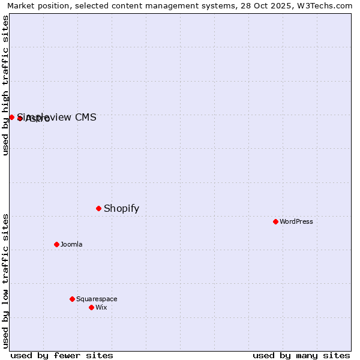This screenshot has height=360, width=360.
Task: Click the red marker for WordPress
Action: point(275,221)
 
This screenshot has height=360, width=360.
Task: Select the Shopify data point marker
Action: point(99,208)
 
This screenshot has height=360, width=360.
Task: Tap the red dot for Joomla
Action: point(57,244)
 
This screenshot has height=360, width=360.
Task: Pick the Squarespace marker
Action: point(72,299)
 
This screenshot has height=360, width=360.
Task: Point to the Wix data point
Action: point(91,307)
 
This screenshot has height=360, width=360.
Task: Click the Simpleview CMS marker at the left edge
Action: point(11,117)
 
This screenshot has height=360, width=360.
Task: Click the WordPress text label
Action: point(296,221)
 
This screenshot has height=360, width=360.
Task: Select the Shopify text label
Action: point(121,209)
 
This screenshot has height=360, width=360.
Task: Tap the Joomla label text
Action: point(71,244)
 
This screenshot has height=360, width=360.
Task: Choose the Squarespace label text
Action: point(97,299)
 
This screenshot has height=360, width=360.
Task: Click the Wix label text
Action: point(101,307)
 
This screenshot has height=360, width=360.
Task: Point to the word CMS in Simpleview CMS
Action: point(85,117)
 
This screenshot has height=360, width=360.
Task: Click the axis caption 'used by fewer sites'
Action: point(62,355)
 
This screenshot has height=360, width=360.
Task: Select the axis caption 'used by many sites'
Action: point(301,355)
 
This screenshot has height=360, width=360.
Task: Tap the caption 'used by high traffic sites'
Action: point(5,85)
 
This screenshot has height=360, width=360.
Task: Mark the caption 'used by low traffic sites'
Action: point(5,281)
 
